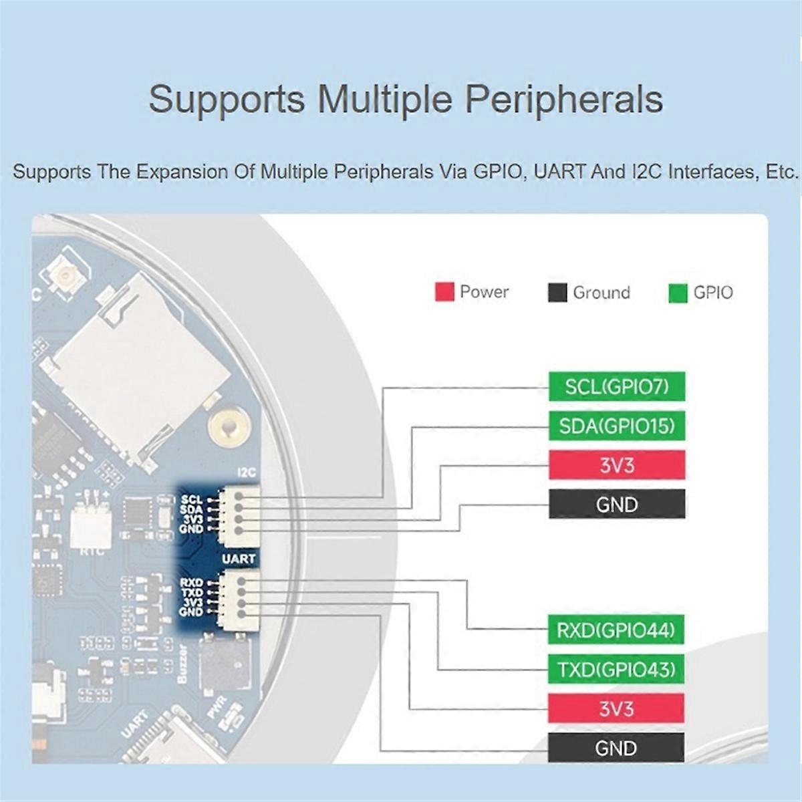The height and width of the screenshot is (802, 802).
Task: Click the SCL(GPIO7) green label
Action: [617, 386]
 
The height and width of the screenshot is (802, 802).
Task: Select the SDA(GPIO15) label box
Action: [617, 426]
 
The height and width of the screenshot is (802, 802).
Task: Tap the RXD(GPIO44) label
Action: [616, 630]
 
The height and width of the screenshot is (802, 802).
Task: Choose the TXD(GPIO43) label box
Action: [616, 669]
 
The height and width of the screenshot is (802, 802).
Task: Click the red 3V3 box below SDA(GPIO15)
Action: [617, 465]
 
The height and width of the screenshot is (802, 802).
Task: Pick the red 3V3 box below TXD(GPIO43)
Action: [616, 708]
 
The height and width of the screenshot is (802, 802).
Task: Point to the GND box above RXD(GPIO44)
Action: [617, 505]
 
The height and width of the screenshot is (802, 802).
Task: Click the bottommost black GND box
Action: [616, 748]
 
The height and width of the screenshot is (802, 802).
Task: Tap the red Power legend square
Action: [444, 292]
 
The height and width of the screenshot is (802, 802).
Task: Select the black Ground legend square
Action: [557, 293]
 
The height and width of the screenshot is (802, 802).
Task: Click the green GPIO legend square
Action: [678, 293]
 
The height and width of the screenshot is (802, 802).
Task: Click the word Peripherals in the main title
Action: [563, 99]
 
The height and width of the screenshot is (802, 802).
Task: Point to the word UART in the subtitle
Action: [560, 172]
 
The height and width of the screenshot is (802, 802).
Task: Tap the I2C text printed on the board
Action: [247, 473]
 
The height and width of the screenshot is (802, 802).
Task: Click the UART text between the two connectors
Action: [239, 559]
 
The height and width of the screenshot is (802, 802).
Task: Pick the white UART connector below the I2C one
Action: [237, 597]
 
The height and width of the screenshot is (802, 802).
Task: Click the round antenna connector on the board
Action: [66, 275]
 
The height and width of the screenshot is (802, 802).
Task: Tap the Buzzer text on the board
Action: [183, 663]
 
